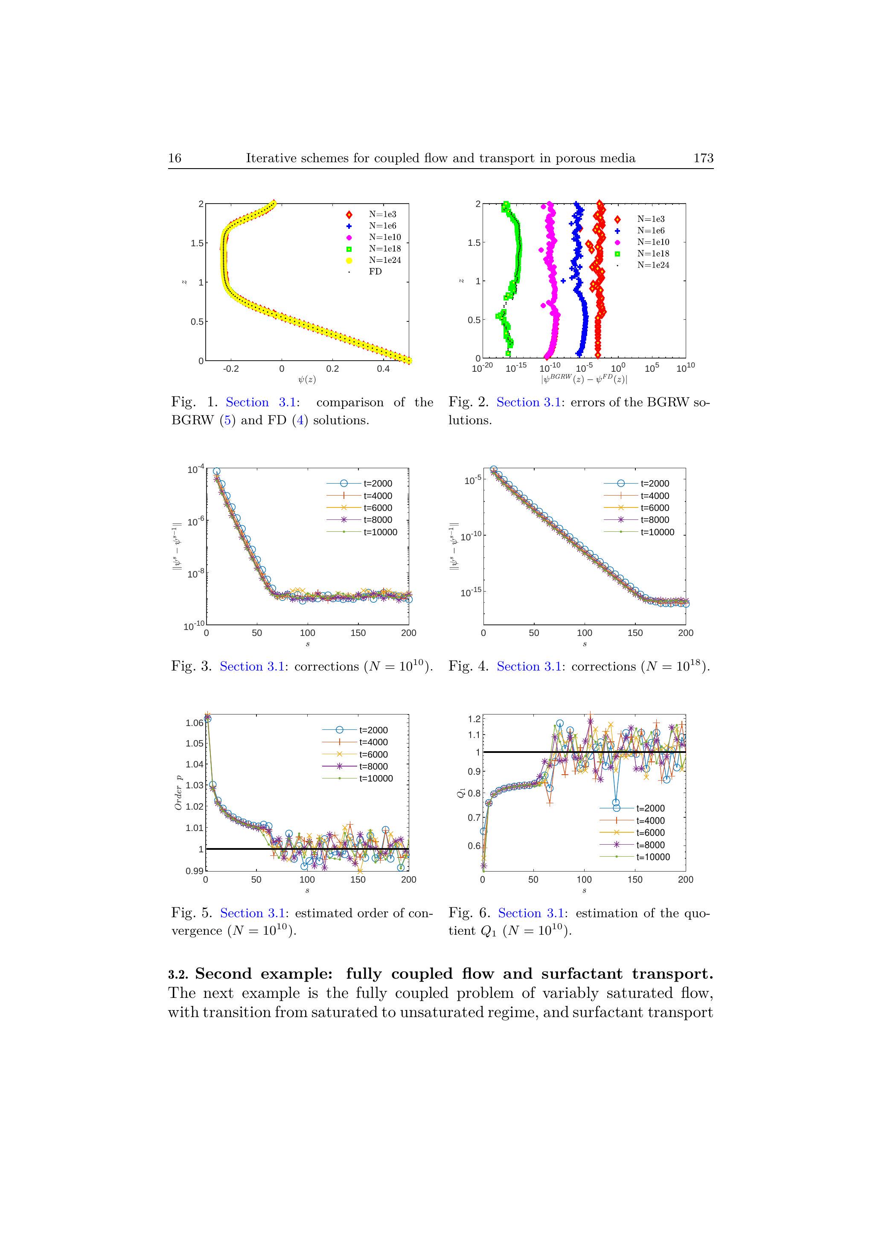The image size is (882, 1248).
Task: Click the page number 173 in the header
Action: [x=703, y=158]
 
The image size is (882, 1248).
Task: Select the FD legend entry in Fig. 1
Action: [x=375, y=271]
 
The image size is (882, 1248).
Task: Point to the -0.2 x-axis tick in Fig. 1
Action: [x=231, y=368]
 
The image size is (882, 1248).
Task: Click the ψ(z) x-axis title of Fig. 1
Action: [x=307, y=379]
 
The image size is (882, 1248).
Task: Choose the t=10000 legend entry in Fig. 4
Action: [x=657, y=532]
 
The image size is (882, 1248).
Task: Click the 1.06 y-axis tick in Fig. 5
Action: [x=194, y=723]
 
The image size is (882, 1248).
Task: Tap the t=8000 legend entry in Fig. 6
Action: [x=650, y=845]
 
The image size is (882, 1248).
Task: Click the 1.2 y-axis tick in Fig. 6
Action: [x=474, y=719]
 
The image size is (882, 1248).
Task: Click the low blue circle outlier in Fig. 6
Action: [x=616, y=802]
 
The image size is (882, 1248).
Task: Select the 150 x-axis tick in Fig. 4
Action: [x=635, y=633]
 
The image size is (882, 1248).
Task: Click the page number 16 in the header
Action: [x=175, y=158]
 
